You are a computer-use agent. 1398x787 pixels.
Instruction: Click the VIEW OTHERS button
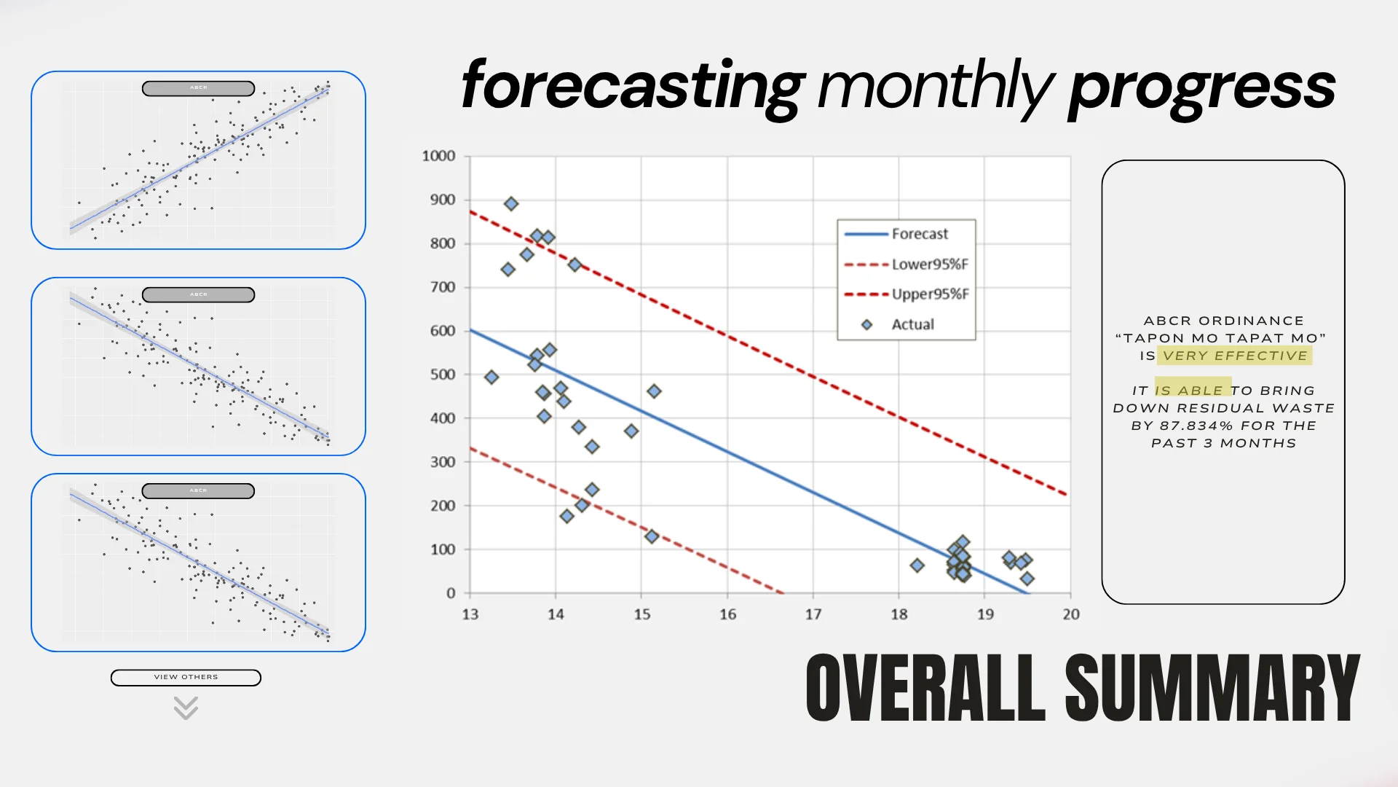click(186, 677)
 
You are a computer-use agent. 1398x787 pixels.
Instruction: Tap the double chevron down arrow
click(186, 708)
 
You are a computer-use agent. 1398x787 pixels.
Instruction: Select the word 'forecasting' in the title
click(633, 86)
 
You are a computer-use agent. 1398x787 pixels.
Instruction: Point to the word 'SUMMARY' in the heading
click(1212, 689)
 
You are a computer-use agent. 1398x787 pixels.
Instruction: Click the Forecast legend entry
click(919, 234)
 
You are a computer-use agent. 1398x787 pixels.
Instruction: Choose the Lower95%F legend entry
click(929, 265)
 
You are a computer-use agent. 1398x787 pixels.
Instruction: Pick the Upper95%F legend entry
click(929, 294)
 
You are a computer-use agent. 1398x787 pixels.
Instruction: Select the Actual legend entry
click(912, 324)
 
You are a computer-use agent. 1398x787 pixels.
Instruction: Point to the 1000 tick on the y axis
click(438, 156)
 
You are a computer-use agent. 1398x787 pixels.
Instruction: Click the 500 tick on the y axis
click(442, 375)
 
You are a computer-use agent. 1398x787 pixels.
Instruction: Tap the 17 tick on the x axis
click(813, 614)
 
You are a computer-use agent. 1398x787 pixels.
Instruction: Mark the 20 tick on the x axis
click(1070, 614)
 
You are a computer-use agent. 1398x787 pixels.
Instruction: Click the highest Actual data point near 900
click(511, 204)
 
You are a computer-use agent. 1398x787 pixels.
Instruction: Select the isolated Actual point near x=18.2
click(917, 565)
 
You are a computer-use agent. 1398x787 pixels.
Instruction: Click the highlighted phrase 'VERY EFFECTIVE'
click(1235, 356)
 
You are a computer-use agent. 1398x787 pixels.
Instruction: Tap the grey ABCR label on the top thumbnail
click(198, 88)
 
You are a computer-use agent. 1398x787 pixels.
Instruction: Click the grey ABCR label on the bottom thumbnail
click(198, 491)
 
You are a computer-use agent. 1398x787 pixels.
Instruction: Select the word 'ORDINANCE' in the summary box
click(1251, 321)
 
